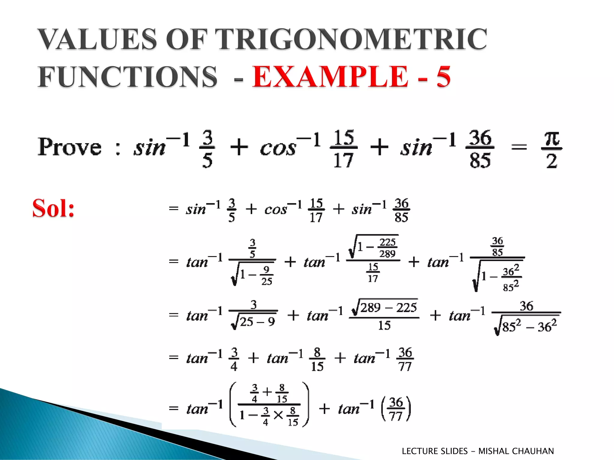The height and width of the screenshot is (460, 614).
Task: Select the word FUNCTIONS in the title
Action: click(x=127, y=77)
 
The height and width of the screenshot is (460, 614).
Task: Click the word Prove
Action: click(x=70, y=147)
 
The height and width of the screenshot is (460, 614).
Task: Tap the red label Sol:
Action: click(x=53, y=208)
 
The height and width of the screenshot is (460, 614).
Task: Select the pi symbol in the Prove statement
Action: click(x=552, y=139)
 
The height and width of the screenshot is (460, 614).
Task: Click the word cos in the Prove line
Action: click(x=278, y=148)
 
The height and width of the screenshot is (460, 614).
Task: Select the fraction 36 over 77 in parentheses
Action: click(x=396, y=409)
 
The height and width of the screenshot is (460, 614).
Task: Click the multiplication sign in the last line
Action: click(x=278, y=415)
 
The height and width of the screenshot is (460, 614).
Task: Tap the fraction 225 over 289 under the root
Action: click(x=387, y=248)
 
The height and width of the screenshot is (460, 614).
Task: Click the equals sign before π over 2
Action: click(x=519, y=147)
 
